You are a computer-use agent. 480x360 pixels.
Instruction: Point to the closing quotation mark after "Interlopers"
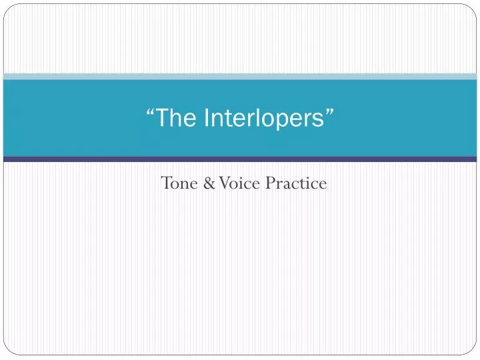click(330, 113)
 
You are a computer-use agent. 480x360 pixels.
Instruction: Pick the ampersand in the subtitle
click(207, 183)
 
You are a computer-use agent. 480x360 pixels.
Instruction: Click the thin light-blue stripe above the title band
click(240, 77)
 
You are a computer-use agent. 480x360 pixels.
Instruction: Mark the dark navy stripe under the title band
click(240, 159)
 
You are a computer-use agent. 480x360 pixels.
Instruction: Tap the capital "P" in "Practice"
click(270, 183)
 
